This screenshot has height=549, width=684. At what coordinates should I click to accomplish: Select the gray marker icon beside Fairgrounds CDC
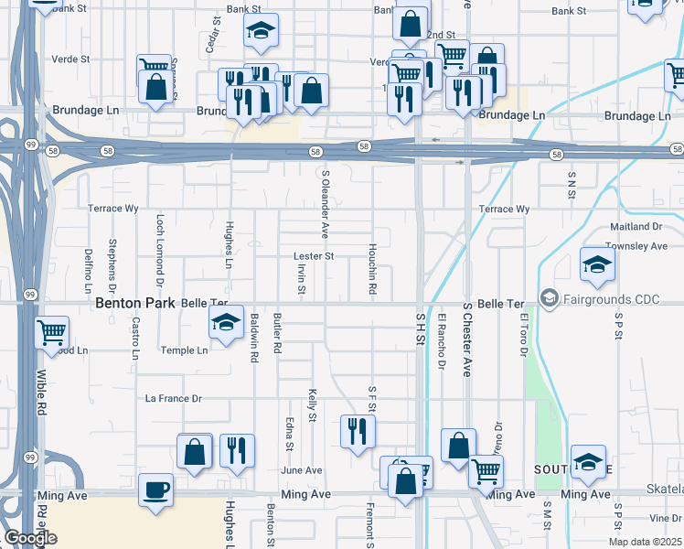tap(549, 297)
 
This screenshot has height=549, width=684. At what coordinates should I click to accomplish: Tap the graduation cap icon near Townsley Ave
tap(597, 264)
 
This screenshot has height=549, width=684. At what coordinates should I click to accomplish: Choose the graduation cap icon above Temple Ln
tap(226, 322)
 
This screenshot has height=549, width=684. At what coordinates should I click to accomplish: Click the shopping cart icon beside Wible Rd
tap(52, 332)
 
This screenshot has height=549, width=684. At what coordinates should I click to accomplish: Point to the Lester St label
tap(313, 256)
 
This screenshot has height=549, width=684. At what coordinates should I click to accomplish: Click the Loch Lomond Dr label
tap(160, 245)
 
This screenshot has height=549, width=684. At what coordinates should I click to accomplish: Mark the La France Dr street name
tap(173, 399)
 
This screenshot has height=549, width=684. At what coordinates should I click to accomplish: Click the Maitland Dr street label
tap(635, 226)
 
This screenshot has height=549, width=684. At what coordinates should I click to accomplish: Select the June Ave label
tap(302, 470)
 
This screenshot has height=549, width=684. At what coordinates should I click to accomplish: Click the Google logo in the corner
tap(30, 538)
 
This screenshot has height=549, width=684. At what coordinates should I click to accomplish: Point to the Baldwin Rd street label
tap(253, 338)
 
